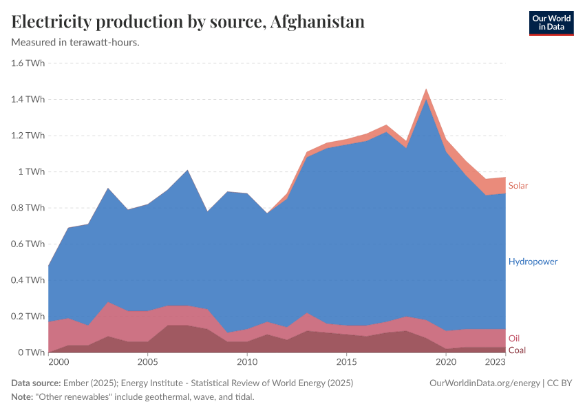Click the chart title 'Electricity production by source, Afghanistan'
click(188, 22)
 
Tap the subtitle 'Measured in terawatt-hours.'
click(76, 43)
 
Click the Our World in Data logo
click(551, 23)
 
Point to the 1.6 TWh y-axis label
click(28, 63)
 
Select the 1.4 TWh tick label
click(28, 99)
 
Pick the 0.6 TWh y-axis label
click(28, 244)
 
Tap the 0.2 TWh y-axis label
click(28, 316)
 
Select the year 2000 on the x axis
click(58, 361)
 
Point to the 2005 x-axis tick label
click(147, 361)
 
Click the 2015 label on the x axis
click(347, 361)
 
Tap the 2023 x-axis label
click(496, 361)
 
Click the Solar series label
click(518, 186)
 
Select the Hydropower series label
click(533, 262)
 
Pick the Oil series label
click(514, 338)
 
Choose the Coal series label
click(517, 350)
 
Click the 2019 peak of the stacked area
click(426, 89)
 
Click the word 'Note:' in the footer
click(23, 397)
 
